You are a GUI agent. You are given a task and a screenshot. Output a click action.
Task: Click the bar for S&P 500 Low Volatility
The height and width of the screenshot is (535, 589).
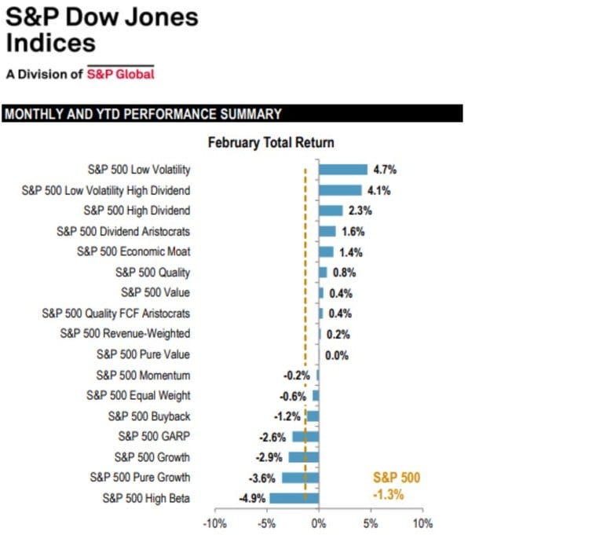[342, 170]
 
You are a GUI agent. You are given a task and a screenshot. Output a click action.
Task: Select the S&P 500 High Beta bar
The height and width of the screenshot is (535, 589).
[294, 498]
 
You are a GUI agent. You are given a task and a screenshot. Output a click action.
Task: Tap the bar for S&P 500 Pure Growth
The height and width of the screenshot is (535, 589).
[300, 478]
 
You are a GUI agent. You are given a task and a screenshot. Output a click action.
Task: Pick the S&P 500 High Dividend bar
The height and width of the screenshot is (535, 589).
[331, 211]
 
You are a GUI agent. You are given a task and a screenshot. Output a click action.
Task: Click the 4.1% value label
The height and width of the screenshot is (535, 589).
[378, 190]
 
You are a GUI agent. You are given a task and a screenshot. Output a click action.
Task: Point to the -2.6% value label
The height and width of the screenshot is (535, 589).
[273, 436]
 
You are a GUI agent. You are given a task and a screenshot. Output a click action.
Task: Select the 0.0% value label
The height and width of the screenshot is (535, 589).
[337, 355]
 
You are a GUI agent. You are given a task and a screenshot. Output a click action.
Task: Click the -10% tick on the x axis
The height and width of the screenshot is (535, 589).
[214, 522]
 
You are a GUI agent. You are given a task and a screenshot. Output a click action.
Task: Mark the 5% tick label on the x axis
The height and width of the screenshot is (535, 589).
[371, 522]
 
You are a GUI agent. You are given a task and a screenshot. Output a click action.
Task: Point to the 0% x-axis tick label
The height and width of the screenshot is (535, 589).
[318, 522]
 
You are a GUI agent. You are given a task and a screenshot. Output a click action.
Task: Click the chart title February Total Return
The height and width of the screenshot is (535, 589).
[271, 143]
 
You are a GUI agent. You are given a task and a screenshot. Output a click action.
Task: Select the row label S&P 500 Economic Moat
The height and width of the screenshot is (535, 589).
[134, 251]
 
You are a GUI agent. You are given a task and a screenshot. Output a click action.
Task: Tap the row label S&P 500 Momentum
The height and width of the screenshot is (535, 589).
[143, 376]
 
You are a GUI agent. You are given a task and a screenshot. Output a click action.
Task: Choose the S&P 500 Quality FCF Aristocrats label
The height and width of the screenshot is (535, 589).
[115, 313]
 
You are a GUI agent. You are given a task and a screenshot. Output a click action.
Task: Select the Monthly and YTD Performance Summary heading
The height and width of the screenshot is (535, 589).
[143, 115]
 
